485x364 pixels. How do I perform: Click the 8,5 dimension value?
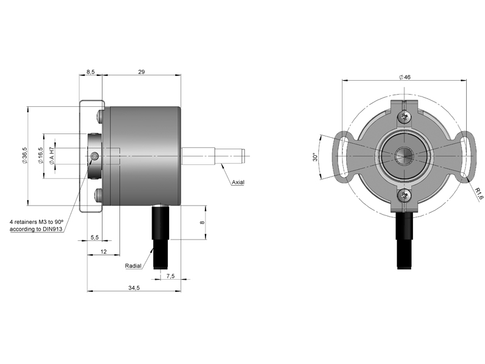(90, 72)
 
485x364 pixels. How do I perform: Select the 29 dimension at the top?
(141, 72)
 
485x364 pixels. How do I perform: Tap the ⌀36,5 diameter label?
(24, 156)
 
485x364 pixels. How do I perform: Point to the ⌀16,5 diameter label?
(40, 156)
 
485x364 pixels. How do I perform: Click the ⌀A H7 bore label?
(52, 156)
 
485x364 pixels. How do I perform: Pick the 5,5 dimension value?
(95, 237)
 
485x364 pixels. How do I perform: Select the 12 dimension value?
(104, 252)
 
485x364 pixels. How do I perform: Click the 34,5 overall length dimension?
(134, 288)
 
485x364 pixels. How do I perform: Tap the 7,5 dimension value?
(170, 276)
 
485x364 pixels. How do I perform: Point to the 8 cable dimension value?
(202, 222)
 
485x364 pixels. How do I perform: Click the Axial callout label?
(238, 183)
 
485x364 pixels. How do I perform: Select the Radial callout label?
(133, 266)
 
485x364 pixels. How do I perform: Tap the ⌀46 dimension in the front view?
(404, 77)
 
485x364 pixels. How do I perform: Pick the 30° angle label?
(315, 157)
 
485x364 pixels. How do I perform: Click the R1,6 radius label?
(479, 194)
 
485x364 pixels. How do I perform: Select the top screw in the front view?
(404, 116)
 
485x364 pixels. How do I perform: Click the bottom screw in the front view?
(404, 195)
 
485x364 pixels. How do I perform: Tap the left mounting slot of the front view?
(342, 156)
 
